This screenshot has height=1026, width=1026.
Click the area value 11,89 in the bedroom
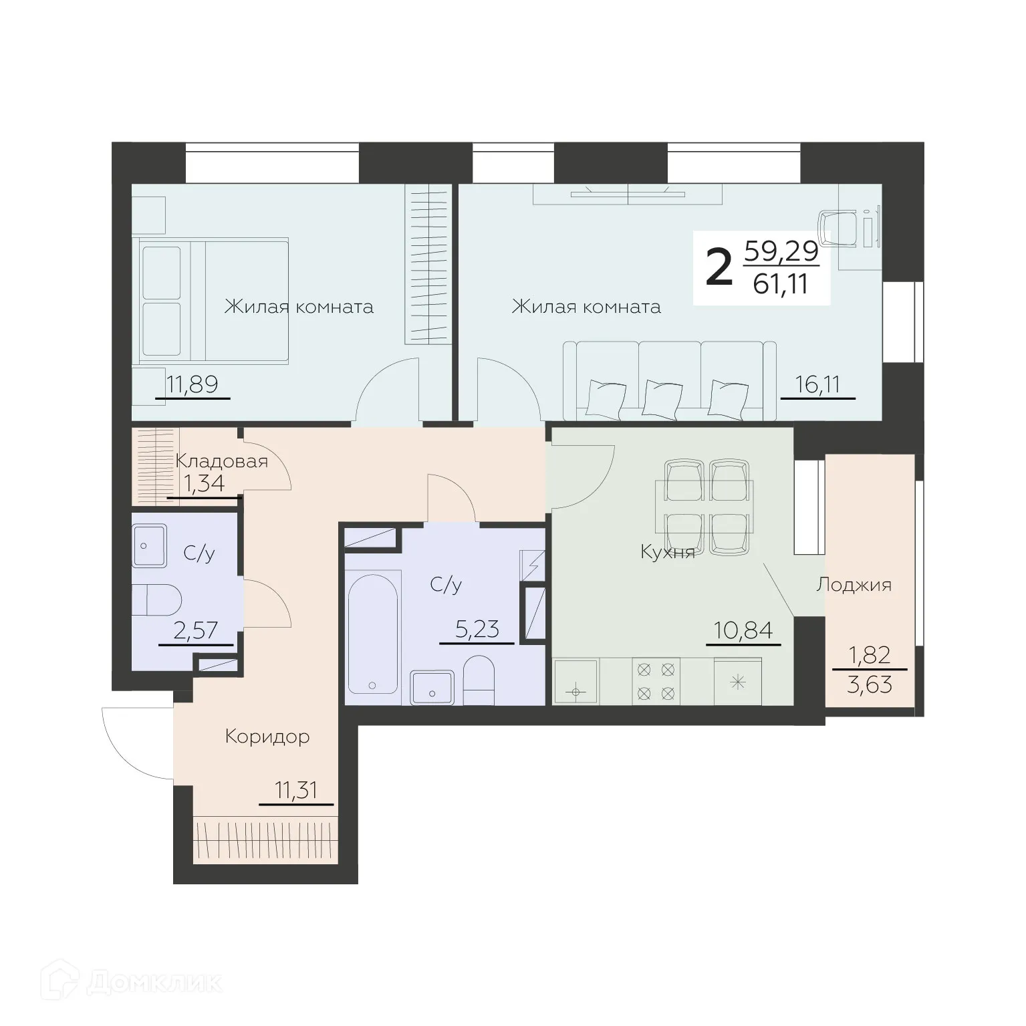pyautogui.click(x=193, y=385)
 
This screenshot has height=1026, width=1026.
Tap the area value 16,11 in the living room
pyautogui.click(x=817, y=385)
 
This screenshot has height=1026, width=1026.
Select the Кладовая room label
pyautogui.click(x=221, y=461)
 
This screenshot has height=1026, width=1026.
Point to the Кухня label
pyautogui.click(x=667, y=552)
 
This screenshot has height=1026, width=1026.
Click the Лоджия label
pyautogui.click(x=854, y=585)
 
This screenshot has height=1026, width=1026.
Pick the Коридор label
pyautogui.click(x=267, y=737)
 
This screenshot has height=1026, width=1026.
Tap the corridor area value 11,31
pyautogui.click(x=295, y=791)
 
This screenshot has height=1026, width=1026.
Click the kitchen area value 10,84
pyautogui.click(x=743, y=630)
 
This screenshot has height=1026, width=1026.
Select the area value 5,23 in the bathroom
pyautogui.click(x=477, y=629)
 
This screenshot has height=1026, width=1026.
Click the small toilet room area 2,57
pyautogui.click(x=195, y=630)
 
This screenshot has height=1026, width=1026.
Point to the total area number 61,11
pyautogui.click(x=780, y=284)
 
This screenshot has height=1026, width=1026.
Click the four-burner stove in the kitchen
pyautogui.click(x=656, y=680)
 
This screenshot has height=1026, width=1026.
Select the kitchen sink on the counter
pyautogui.click(x=575, y=681)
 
